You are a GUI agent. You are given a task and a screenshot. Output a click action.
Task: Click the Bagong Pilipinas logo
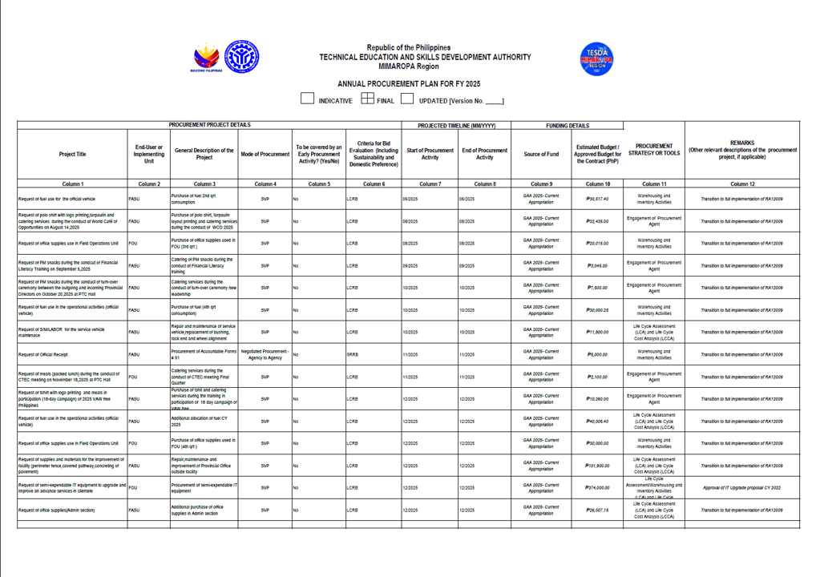pyautogui.click(x=207, y=59)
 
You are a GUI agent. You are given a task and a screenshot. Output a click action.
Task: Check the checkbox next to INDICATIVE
pyautogui.click(x=307, y=99)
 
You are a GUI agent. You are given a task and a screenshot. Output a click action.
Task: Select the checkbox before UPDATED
pyautogui.click(x=407, y=99)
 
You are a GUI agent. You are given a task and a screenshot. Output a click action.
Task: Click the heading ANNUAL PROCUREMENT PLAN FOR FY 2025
pyautogui.click(x=408, y=83)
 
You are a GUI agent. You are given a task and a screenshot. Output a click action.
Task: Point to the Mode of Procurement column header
pyautogui.click(x=265, y=154)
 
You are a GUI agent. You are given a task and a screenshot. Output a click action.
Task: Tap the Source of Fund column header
pyautogui.click(x=541, y=154)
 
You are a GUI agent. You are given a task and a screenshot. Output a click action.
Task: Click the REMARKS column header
pyautogui.click(x=742, y=150)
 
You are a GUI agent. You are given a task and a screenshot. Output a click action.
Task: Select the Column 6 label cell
pyautogui.click(x=373, y=184)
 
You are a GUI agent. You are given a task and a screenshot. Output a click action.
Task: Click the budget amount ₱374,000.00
pyautogui.click(x=598, y=487)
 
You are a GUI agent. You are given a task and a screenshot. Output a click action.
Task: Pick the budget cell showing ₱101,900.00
pyautogui.click(x=598, y=466)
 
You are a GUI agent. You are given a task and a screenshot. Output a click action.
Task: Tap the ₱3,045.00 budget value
pyautogui.click(x=598, y=265)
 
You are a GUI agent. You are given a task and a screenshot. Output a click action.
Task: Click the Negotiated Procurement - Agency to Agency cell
pyautogui.click(x=265, y=354)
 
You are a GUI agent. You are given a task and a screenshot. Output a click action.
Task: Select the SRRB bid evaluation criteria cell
pyautogui.click(x=353, y=354)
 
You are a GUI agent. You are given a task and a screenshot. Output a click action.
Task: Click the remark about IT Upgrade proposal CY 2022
pyautogui.click(x=742, y=487)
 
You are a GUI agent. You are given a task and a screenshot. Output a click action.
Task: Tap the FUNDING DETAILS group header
pyautogui.click(x=568, y=125)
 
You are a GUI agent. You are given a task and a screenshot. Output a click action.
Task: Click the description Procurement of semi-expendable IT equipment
pyautogui.click(x=204, y=487)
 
